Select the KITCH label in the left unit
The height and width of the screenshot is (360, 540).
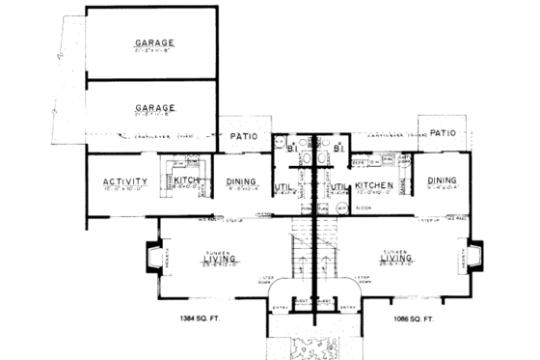[x=186, y=180]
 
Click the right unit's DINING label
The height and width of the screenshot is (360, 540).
[x=443, y=180]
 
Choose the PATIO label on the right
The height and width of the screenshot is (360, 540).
[x=443, y=133]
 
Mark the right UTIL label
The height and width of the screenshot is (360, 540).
[x=338, y=187]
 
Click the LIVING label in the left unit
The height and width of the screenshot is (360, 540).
[x=221, y=258]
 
